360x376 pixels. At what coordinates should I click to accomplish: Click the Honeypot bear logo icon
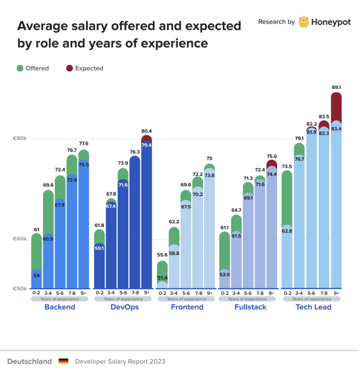coord(304,22)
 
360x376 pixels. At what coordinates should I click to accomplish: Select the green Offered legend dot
coord(20,68)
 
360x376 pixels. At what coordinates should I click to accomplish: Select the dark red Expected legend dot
coord(69,68)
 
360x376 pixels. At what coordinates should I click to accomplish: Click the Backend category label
coord(60,307)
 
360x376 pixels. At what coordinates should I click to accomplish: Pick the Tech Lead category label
coord(313,307)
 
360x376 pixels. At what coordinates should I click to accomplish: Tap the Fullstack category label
coord(250,307)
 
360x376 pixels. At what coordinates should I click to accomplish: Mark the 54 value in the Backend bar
coord(37,275)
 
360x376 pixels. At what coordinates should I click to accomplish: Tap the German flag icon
coord(63,362)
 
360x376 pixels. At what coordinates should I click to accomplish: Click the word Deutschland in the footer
coord(29,362)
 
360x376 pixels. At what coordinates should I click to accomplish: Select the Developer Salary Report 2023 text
coord(120,362)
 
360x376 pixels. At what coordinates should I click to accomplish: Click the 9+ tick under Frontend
coord(209,293)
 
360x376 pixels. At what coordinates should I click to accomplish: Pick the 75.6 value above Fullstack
coord(271,157)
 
